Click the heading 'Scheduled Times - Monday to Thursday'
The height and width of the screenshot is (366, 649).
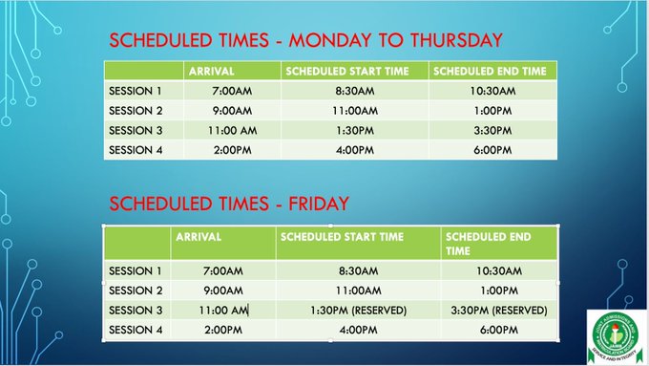point(305,40)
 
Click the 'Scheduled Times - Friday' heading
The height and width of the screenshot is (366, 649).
point(229,203)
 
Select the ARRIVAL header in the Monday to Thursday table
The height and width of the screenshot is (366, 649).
point(212,72)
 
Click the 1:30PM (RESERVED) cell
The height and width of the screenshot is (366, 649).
point(359,311)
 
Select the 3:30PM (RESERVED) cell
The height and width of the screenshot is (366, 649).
point(499,311)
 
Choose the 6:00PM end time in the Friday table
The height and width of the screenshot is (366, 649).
point(499,330)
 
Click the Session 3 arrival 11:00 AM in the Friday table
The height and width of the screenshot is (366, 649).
point(222,311)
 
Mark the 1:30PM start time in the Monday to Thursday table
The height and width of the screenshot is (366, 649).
point(355,130)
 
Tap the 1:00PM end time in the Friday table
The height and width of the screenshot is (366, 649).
point(499,291)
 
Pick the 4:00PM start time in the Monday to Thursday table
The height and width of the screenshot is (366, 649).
point(355,150)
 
